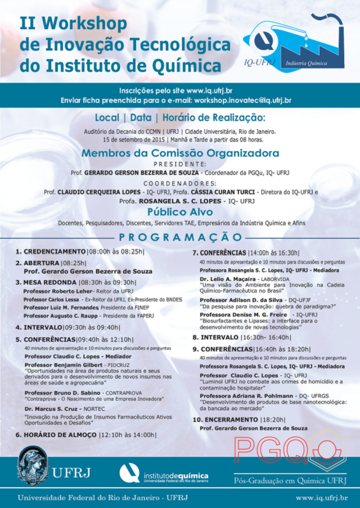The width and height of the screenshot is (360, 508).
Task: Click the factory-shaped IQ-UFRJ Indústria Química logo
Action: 292,42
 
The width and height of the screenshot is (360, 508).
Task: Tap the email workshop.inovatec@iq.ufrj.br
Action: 242,100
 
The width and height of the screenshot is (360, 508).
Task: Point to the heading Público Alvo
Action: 180,212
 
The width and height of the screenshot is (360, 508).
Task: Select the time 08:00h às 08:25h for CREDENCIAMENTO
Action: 116,252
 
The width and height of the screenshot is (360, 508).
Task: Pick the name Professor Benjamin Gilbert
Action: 61,365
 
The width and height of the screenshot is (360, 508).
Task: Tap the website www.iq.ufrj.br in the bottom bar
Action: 321,498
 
